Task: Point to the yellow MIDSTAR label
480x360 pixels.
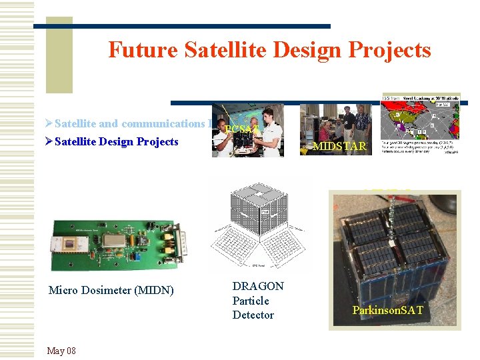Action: [339, 146]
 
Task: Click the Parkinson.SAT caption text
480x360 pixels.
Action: [387, 311]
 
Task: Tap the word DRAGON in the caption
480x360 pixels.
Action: [257, 286]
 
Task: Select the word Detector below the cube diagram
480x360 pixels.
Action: [253, 315]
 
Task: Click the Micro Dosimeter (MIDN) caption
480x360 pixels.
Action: [111, 290]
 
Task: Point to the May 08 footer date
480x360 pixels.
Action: [61, 351]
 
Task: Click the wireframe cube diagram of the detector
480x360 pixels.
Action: [260, 223]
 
